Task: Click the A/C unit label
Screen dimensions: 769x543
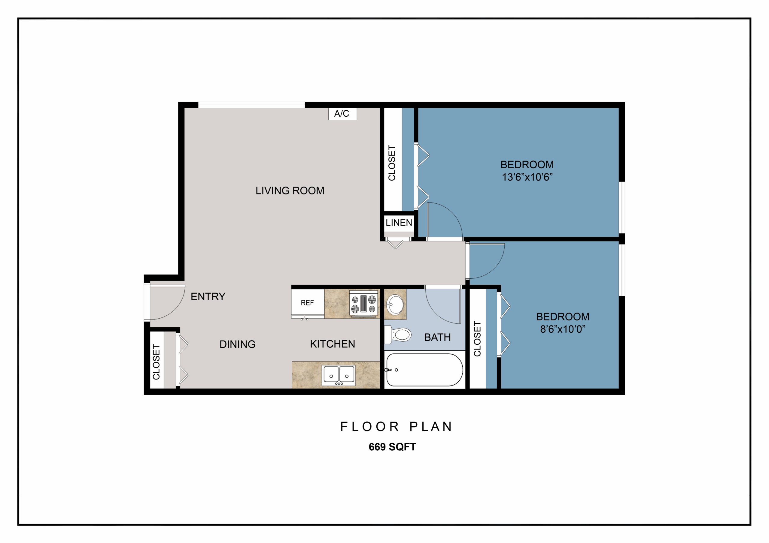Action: [x=342, y=113]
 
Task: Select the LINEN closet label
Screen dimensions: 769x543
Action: [x=399, y=223]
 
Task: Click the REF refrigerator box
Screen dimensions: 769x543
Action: [x=308, y=302]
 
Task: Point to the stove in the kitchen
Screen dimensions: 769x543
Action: [x=363, y=304]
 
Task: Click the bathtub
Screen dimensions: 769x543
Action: [x=425, y=370]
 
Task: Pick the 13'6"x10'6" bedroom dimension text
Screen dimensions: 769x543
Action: [x=527, y=177]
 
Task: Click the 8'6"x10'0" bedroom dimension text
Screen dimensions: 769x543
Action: [x=563, y=329]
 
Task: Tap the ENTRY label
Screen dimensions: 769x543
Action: [x=208, y=296]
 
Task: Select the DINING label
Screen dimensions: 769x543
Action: [x=238, y=344]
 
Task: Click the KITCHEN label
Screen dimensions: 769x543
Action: [x=332, y=344]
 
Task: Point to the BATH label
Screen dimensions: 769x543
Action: [x=437, y=337]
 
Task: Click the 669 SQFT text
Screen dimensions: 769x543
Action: [x=392, y=447]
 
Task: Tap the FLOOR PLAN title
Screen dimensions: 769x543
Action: [x=396, y=427]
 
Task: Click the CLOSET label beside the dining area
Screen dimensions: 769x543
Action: [x=157, y=362]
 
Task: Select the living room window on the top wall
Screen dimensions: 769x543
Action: [x=251, y=105]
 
